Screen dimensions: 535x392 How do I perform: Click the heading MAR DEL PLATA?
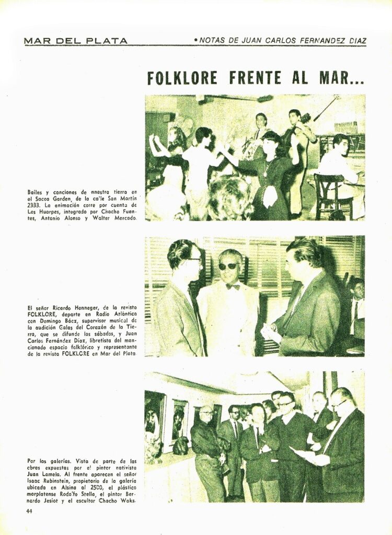(76, 41)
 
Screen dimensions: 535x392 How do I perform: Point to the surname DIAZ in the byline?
(355, 41)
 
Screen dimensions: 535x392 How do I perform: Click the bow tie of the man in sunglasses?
(233, 286)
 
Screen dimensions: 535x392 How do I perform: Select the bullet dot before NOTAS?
(195, 40)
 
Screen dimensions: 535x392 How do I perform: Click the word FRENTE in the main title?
(256, 78)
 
